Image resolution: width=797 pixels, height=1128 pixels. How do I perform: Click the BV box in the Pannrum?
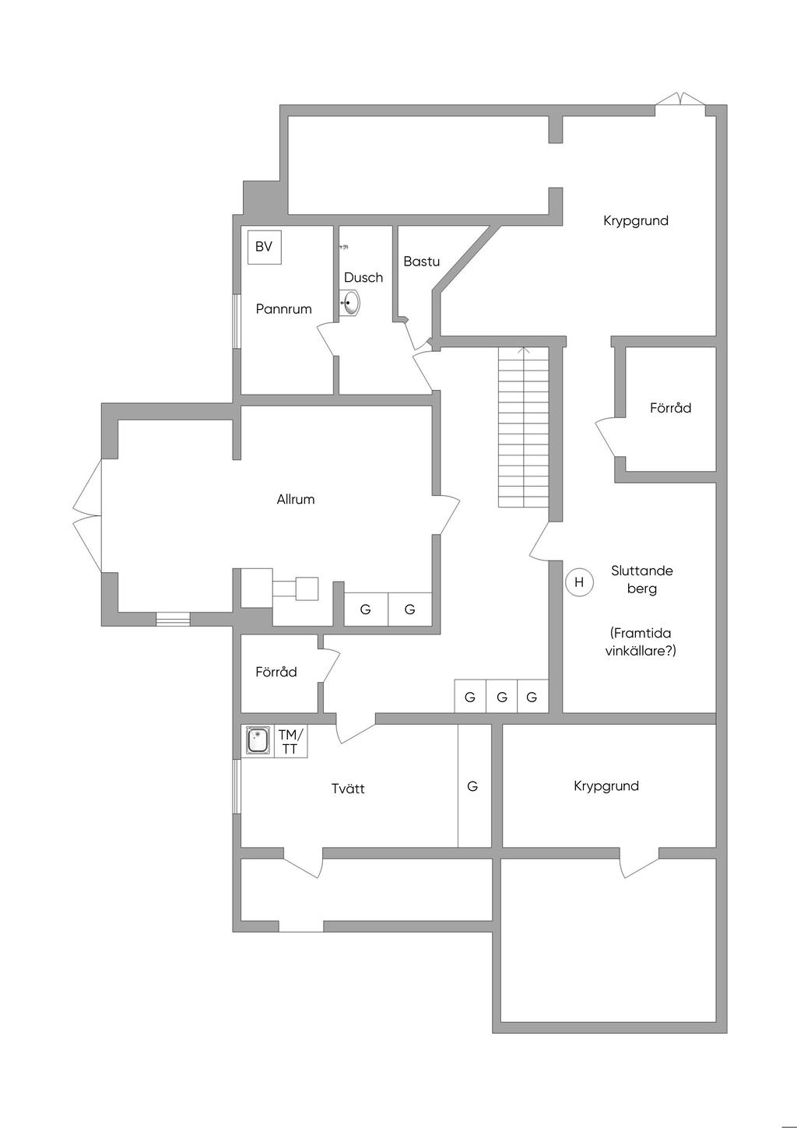264,247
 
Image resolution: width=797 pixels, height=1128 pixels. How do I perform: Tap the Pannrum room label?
283,309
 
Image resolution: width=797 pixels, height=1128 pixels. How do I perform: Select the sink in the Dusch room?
350,303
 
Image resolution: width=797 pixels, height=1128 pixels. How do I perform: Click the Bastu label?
421,262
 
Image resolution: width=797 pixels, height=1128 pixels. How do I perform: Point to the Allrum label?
296,500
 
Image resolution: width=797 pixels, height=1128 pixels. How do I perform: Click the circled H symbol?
579,582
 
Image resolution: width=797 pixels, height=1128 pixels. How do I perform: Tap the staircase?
524,428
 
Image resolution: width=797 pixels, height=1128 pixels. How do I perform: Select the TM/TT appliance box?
290,742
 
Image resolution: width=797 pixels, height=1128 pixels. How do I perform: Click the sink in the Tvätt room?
258,740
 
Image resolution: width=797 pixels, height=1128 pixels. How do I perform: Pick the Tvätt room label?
348,789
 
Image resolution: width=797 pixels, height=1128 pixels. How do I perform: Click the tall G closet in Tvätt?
473,786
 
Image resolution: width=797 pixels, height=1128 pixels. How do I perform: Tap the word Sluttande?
642,571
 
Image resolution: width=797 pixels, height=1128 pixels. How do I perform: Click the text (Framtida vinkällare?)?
641,642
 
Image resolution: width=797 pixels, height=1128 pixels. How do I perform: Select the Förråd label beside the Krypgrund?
670,408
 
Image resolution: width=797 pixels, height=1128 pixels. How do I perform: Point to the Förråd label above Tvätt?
276,672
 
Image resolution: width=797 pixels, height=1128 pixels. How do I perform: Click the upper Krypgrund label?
636,221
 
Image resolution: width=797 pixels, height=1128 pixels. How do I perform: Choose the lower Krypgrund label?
606,786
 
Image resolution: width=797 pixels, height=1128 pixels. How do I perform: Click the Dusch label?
363,278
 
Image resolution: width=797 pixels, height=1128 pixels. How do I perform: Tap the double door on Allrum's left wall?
87,515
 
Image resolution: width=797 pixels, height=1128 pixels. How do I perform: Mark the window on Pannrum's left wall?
237,321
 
